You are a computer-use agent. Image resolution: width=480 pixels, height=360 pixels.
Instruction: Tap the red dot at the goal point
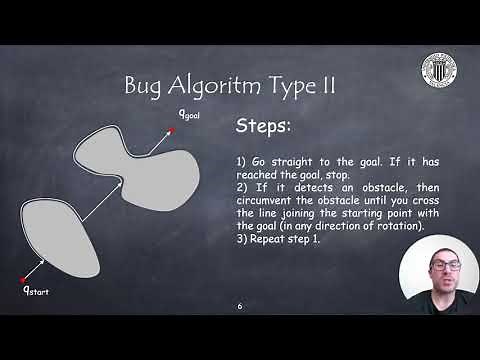[x=172, y=130]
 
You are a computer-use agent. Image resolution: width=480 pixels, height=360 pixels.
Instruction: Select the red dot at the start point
[x=22, y=279]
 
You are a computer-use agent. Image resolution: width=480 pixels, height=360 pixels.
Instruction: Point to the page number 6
[x=240, y=306]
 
